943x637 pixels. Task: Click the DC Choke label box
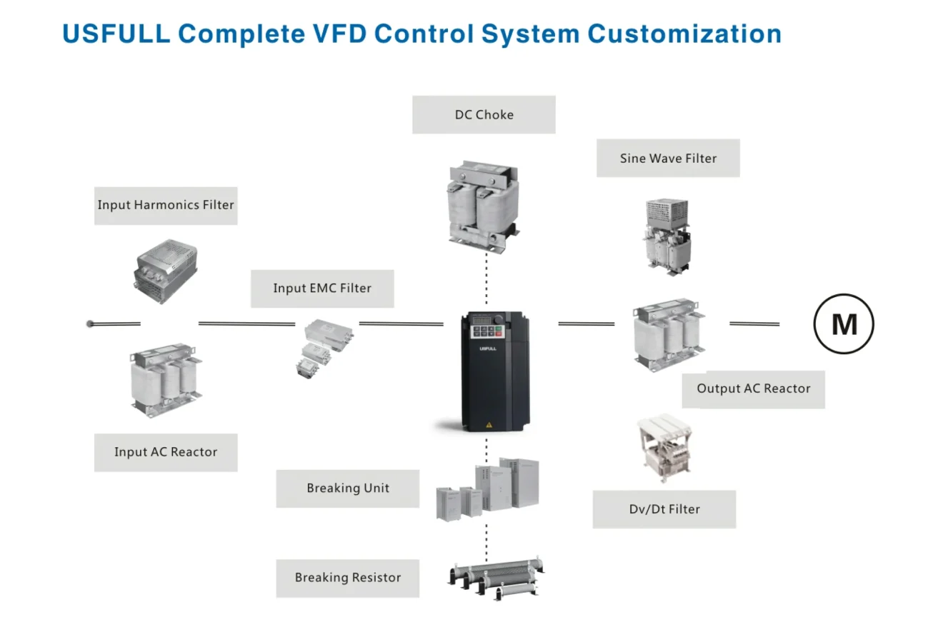tap(484, 115)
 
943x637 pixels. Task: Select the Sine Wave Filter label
tap(668, 159)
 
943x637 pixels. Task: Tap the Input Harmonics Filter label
tap(166, 206)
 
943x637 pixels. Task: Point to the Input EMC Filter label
tap(322, 289)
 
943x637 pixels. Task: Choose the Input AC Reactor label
tap(166, 452)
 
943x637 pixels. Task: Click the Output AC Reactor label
tap(754, 389)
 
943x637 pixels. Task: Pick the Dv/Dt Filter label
tap(664, 509)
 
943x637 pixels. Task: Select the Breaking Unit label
tap(348, 488)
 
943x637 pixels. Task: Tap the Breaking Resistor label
tap(348, 578)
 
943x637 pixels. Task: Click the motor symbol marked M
tap(844, 324)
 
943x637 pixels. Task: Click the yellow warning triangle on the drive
tap(489, 425)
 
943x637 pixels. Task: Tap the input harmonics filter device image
tap(165, 270)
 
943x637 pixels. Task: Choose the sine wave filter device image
tap(667, 234)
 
